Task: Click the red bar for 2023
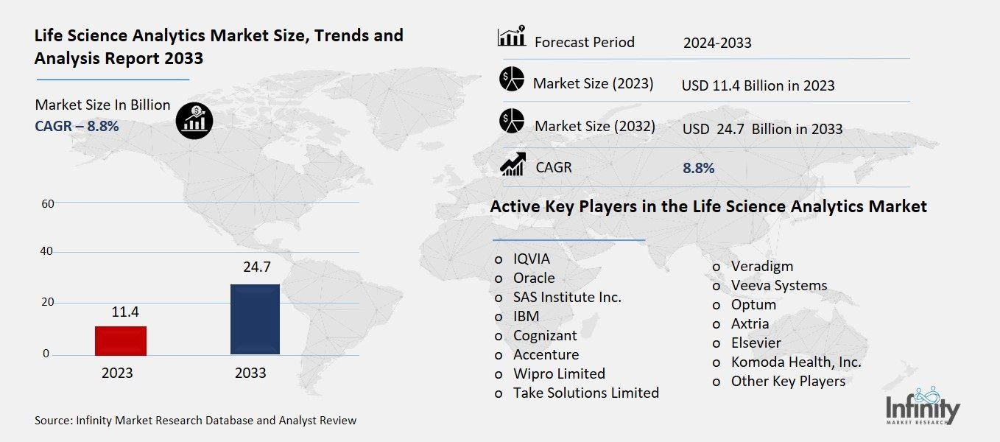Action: pos(121,341)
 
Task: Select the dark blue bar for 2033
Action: pos(255,319)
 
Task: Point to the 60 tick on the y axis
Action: pos(48,203)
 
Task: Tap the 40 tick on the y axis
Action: pos(48,251)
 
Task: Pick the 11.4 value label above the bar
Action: pos(125,312)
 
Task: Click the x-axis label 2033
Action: pos(250,373)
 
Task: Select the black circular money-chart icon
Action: pos(194,119)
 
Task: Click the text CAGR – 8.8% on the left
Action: pos(77,126)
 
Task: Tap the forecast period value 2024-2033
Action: pos(717,43)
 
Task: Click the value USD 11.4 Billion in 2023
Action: pos(758,85)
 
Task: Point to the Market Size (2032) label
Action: pos(594,126)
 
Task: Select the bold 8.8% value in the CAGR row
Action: pos(698,168)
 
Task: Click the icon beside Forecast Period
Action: pos(511,37)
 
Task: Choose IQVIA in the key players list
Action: pos(531,259)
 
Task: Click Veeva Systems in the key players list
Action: pos(778,285)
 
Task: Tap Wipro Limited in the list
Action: pos(559,373)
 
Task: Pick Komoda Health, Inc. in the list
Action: pos(795,362)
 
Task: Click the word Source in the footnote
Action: pos(53,421)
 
